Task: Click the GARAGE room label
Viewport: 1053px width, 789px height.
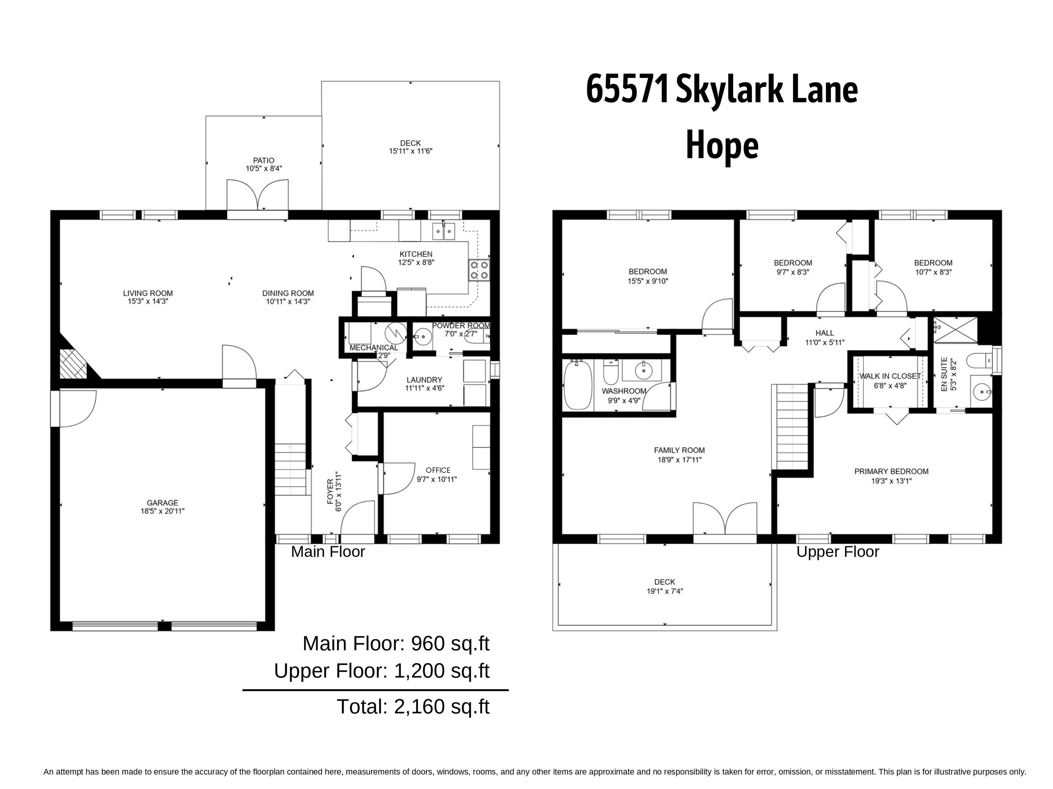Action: pyautogui.click(x=162, y=503)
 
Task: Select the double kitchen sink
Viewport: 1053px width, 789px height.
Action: pyautogui.click(x=443, y=231)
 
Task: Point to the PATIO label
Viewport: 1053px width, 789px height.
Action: pyautogui.click(x=263, y=161)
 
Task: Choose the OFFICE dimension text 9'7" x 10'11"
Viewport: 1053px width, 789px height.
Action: pyautogui.click(x=437, y=479)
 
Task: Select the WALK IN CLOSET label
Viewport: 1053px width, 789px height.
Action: pyautogui.click(x=890, y=376)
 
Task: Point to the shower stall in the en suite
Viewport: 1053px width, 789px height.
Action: pyautogui.click(x=955, y=329)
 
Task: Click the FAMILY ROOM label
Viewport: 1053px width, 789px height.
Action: pyautogui.click(x=679, y=450)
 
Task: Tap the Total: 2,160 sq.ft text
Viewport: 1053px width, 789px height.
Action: pyautogui.click(x=413, y=707)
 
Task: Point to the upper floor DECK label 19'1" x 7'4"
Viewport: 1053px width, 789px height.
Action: pyautogui.click(x=665, y=586)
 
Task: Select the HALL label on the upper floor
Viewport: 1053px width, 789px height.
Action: pyautogui.click(x=824, y=333)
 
